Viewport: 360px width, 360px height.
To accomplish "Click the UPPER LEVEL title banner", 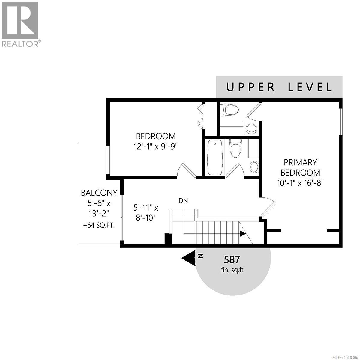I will click(x=279, y=87).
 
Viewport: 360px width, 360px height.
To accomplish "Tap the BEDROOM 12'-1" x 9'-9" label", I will click(x=156, y=141).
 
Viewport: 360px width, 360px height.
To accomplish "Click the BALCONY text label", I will click(x=99, y=193).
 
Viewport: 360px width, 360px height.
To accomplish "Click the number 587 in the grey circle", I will click(x=232, y=259).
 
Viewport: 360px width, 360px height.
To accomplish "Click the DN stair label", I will click(x=183, y=201).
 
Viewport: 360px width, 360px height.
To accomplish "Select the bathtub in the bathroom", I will click(x=215, y=157).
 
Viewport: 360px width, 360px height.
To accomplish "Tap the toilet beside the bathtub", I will click(x=235, y=148).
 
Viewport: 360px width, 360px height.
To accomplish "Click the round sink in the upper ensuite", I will click(x=251, y=129).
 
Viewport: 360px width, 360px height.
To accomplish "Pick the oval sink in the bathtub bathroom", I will click(x=254, y=166).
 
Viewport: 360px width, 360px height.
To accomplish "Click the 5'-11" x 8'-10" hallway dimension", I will click(x=146, y=212).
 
